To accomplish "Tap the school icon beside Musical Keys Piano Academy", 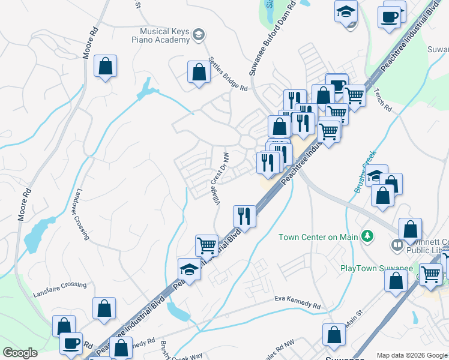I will point(199,37).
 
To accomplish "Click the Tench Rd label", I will point(382,100).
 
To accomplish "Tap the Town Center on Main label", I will point(319,236).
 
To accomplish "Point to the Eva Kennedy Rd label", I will point(297,302).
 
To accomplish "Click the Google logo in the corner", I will point(20,353).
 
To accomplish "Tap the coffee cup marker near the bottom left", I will point(71,343).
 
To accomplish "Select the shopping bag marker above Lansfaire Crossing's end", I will point(104,308).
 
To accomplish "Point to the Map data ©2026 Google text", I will point(412,355).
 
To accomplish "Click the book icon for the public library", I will point(396,245).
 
